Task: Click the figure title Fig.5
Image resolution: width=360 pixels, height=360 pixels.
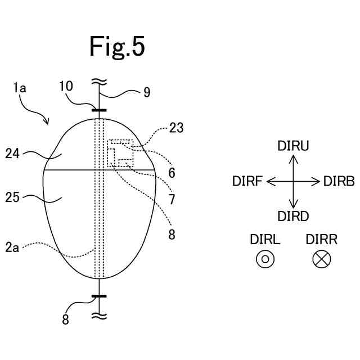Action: pos(117,47)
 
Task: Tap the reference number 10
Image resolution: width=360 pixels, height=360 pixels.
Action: pos(67,86)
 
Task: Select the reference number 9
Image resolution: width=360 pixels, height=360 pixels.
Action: pos(147,92)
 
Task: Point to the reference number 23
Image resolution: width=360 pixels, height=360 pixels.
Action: pos(176,129)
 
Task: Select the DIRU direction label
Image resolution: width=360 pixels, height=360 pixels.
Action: pos(293,146)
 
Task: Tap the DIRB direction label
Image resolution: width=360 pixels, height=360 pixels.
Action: pos(339,181)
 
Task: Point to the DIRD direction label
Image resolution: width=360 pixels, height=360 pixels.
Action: pos(293,216)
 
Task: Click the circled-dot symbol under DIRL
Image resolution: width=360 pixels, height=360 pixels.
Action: pos(265,259)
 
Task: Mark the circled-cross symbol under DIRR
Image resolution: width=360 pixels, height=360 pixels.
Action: pos(321,259)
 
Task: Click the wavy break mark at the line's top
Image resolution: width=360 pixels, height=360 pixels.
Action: pos(98,83)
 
